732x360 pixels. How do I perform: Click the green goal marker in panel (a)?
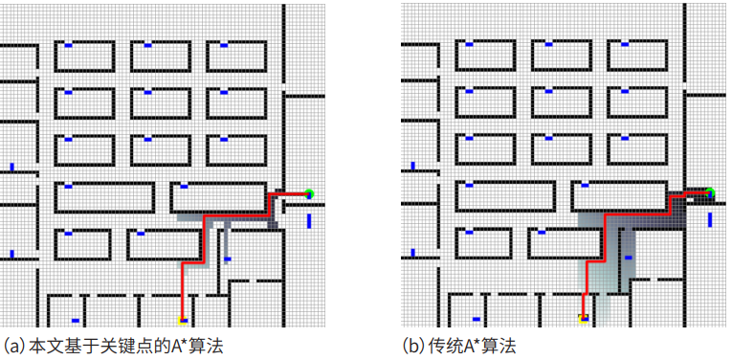[309, 194]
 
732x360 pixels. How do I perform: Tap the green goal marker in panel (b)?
[710, 194]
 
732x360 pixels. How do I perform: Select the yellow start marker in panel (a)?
[182, 319]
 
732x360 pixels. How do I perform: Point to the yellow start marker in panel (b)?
[583, 318]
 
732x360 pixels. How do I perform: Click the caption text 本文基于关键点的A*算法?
[124, 346]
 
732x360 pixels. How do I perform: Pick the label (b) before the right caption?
[414, 346]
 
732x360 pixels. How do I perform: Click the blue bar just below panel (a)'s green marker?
[309, 221]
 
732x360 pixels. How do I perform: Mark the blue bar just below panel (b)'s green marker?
[710, 221]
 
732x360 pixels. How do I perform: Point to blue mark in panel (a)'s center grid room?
[146, 92]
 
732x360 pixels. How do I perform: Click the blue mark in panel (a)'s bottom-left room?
[75, 320]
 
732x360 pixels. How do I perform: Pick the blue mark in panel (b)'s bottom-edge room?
[476, 320]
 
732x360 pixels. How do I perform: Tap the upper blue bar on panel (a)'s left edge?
[11, 168]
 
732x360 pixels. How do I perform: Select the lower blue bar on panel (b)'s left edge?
[412, 254]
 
